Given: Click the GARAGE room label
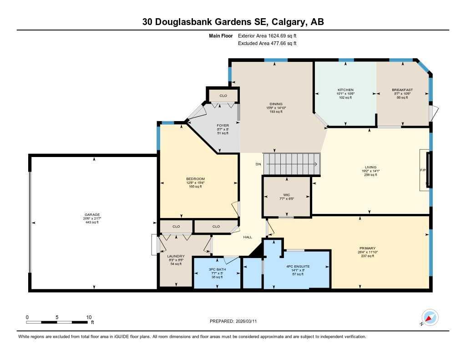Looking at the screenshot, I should coord(92,214).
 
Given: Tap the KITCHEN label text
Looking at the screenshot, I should coord(345,90).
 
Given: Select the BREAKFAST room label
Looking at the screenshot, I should coord(402,90).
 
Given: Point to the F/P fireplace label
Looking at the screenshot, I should coord(422,170).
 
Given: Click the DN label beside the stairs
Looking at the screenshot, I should coord(258,164).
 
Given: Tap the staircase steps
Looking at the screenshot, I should coord(292,164).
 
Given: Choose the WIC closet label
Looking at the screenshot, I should coord(287,195).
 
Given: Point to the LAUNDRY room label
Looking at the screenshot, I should coord(176,256).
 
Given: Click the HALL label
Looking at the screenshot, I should coord(248,237).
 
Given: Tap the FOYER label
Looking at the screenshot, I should coord(223,125).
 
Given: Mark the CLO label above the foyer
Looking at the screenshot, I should coord(223,96).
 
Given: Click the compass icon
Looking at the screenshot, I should coord(430,317).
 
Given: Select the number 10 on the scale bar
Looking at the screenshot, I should coord(89,317).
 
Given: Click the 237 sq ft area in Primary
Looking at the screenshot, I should coord(367,256).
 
